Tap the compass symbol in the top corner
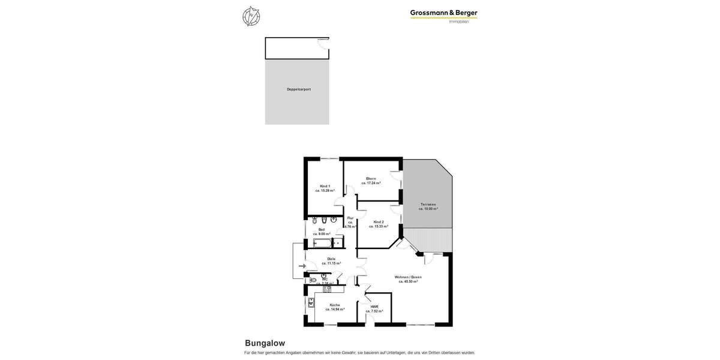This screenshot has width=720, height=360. pyautogui.click(x=251, y=16)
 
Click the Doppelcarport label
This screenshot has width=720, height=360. pyautogui.click(x=298, y=89)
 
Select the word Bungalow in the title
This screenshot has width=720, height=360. pyautogui.click(x=265, y=343)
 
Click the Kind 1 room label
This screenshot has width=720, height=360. pyautogui.click(x=325, y=186)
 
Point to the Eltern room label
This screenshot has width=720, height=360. pyautogui.click(x=371, y=178)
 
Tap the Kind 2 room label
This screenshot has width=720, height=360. pyautogui.click(x=378, y=222)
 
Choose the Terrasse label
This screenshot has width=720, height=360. pyautogui.click(x=428, y=204)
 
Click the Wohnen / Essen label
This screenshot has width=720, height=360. pyautogui.click(x=408, y=277)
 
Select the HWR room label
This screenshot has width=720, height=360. pyautogui.click(x=374, y=307)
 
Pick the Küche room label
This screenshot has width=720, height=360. pyautogui.click(x=334, y=305)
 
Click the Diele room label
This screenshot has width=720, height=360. pyautogui.click(x=331, y=259)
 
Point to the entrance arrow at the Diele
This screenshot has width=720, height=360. pyautogui.click(x=302, y=266)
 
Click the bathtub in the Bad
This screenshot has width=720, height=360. pyautogui.click(x=322, y=243)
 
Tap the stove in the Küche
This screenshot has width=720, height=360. pyautogui.click(x=327, y=289)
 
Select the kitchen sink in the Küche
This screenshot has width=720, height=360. pyautogui.click(x=311, y=303)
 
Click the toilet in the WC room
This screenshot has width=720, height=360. pyautogui.click(x=313, y=280)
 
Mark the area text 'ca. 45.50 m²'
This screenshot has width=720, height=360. pyautogui.click(x=408, y=281)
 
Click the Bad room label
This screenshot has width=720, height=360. pyautogui.click(x=322, y=229)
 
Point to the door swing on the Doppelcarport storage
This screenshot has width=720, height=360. pyautogui.click(x=323, y=43)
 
